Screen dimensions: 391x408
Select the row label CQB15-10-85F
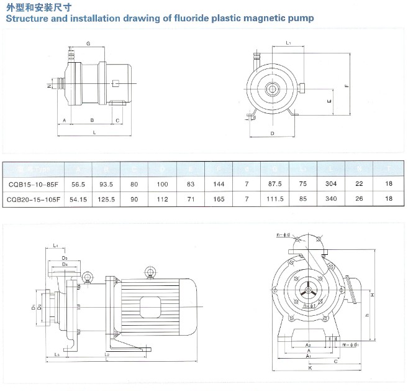[34, 185]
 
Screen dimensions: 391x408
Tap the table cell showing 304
[331, 185]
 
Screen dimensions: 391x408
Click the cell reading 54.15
[78, 199]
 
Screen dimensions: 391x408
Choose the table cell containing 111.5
[274, 199]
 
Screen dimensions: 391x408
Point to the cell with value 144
[219, 185]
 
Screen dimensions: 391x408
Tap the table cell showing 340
[331, 199]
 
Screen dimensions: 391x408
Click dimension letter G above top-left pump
[89, 44]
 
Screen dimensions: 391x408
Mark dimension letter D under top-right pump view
[272, 134]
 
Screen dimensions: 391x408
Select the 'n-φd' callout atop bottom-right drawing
[283, 235]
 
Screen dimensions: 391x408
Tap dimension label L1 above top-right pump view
[289, 42]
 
